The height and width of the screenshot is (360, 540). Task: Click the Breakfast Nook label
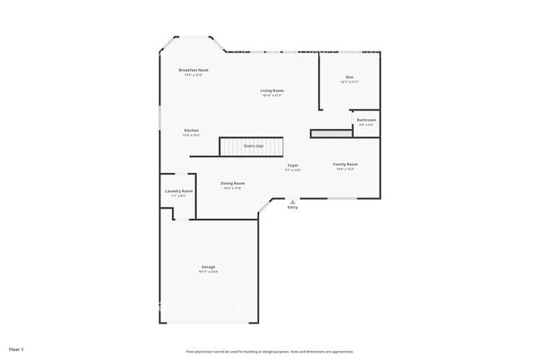(x=194, y=70)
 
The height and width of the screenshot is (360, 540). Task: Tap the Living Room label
(x=272, y=90)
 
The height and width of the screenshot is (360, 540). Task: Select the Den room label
(x=350, y=77)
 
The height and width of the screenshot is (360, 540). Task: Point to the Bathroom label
(x=366, y=120)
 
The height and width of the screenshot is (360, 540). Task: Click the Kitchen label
(x=191, y=130)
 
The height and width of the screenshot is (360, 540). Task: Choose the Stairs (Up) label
(x=253, y=146)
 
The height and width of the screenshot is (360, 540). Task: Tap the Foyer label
(x=292, y=165)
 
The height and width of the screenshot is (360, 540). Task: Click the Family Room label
(x=346, y=164)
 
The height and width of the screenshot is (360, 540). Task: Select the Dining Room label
(x=233, y=183)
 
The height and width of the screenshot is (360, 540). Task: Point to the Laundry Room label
(x=179, y=191)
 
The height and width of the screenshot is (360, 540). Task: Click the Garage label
(x=208, y=267)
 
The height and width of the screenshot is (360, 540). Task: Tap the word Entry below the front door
(x=292, y=207)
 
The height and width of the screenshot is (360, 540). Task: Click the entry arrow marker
(x=292, y=200)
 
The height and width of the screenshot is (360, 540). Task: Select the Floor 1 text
(x=17, y=348)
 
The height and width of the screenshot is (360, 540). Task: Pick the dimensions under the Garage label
(x=208, y=272)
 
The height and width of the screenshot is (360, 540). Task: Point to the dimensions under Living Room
(x=272, y=95)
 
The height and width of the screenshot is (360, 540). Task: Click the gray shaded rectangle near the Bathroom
(x=331, y=133)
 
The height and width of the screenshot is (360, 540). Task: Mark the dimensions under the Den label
(x=350, y=82)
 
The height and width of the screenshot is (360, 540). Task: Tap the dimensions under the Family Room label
(x=346, y=169)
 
